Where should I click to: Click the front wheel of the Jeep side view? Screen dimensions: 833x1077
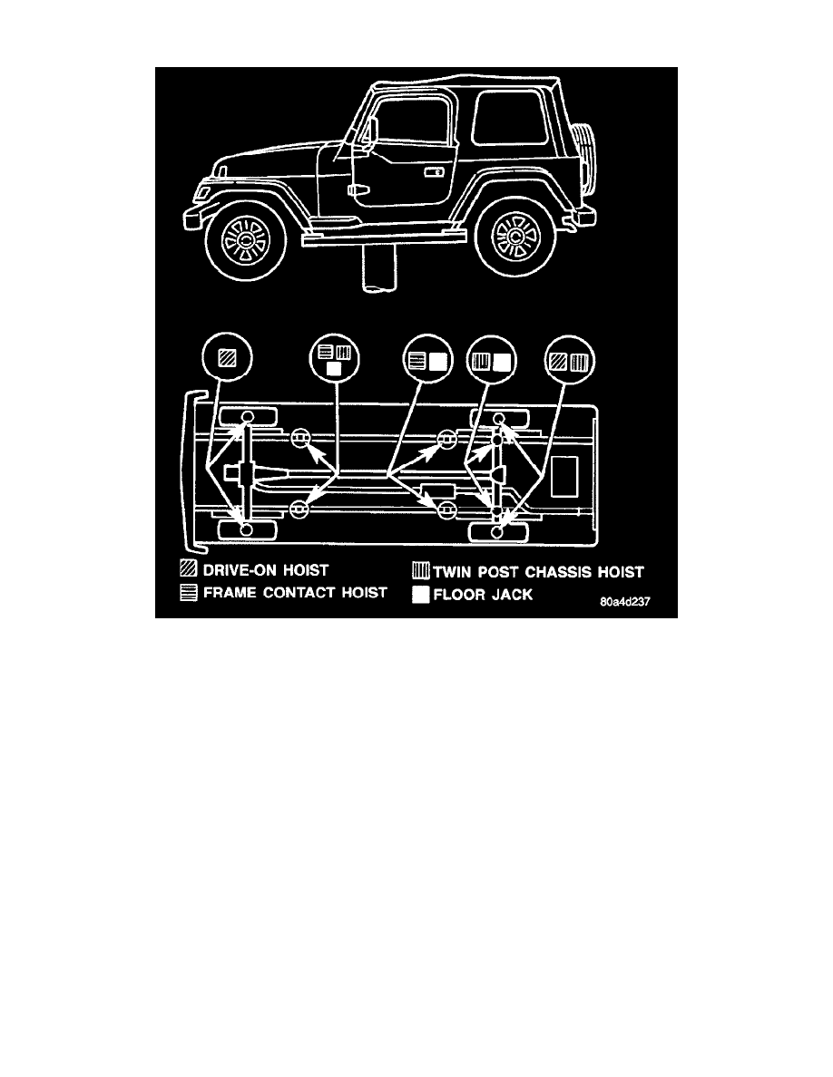click(x=245, y=239)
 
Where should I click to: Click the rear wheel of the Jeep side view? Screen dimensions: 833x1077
click(x=514, y=237)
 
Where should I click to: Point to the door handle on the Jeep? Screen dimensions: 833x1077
click(x=435, y=171)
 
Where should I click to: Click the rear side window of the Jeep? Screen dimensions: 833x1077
click(x=509, y=118)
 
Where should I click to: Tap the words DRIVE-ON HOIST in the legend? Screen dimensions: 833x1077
click(x=265, y=570)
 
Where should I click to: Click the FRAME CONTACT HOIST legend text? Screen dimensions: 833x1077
click(x=295, y=592)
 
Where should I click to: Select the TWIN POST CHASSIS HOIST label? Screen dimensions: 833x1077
click(x=538, y=572)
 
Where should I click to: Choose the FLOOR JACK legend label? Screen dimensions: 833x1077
click(x=483, y=595)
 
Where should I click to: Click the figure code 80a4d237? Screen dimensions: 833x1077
click(x=624, y=602)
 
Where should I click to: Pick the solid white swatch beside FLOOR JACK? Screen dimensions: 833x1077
click(x=421, y=595)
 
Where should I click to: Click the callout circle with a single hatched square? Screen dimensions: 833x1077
click(x=228, y=358)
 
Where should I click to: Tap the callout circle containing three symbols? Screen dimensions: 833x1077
click(x=334, y=359)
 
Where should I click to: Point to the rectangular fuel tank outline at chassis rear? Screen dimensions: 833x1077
click(x=565, y=475)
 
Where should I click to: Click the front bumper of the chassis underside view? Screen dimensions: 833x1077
click(x=187, y=471)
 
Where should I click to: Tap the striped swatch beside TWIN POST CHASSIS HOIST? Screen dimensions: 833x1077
click(x=421, y=571)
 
